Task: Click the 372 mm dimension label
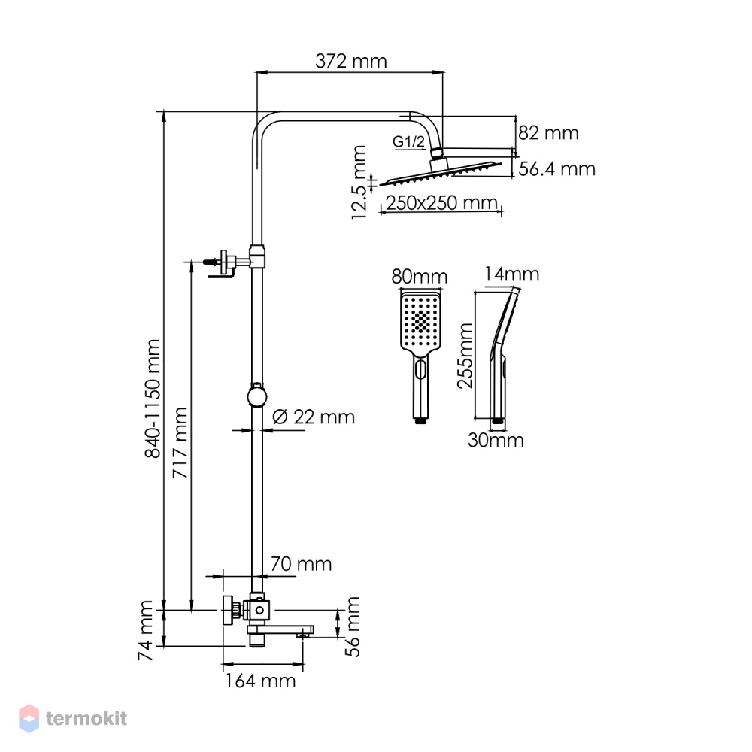(350, 62)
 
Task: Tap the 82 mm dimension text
(548, 133)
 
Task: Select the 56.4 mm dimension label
(556, 168)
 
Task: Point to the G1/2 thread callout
(408, 141)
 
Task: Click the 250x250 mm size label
(441, 203)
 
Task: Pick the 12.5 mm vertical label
(359, 182)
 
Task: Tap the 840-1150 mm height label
(153, 399)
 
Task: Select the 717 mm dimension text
(180, 443)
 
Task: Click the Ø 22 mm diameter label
(314, 417)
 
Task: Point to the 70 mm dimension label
(302, 564)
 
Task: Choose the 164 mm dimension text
(260, 681)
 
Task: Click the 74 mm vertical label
(145, 630)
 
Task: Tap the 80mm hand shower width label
(419, 277)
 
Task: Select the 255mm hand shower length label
(465, 356)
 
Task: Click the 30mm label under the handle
(496, 440)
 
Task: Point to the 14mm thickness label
(511, 274)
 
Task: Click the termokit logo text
(86, 718)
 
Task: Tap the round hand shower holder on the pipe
(257, 396)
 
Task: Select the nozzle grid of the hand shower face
(420, 320)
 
